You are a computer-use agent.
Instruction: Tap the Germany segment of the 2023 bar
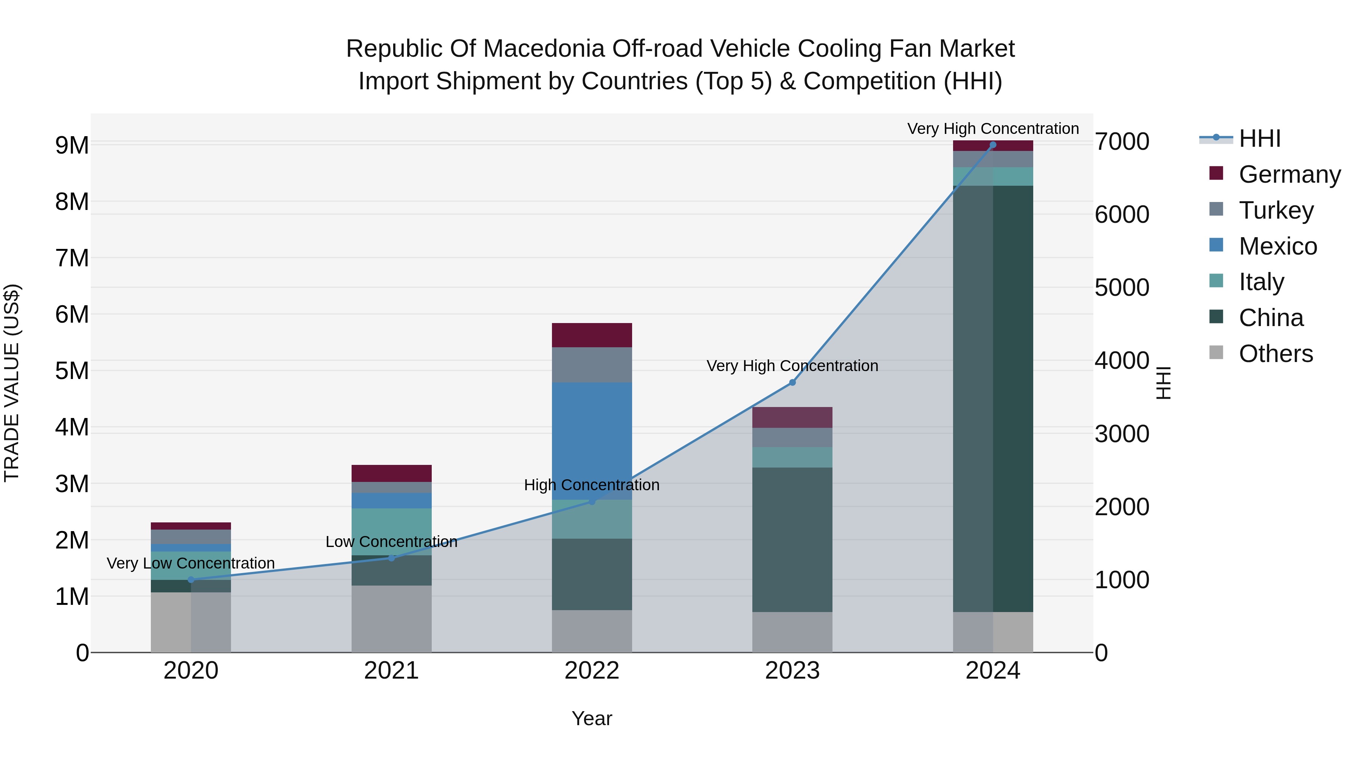coord(792,417)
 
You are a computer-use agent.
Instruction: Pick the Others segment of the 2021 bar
coord(392,618)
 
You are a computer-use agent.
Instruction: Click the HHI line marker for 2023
coord(792,382)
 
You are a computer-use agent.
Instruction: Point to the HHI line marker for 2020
coord(191,580)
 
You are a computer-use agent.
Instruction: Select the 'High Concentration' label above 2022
coord(592,485)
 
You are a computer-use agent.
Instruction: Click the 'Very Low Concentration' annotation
coord(191,563)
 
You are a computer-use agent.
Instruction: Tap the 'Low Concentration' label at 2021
coord(392,541)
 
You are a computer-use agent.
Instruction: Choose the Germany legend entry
coord(1289,174)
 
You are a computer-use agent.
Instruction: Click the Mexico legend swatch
coord(1216,245)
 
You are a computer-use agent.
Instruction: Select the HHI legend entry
coord(1260,138)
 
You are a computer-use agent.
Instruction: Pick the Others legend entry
coord(1276,354)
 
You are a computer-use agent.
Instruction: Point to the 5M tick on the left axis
coord(72,371)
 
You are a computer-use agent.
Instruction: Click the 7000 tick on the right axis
coord(1122,142)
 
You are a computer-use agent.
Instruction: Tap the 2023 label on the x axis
coord(792,671)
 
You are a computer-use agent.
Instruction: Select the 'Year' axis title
coord(592,718)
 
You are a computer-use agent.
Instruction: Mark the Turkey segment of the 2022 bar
coord(592,364)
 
